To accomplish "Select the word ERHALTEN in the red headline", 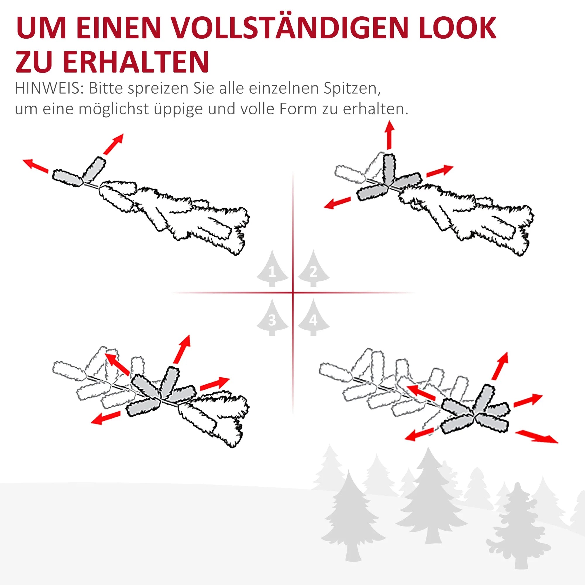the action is point(136,61).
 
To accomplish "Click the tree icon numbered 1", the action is point(272,268).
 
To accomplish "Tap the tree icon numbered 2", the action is point(314,268).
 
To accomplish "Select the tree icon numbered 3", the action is point(272,317).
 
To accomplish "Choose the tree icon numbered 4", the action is point(314,317).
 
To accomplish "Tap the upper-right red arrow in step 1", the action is point(113,144).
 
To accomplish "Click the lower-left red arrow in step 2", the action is point(337,203).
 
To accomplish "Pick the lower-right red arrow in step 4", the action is point(536,437).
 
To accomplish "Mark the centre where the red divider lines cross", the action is point(293,293).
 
